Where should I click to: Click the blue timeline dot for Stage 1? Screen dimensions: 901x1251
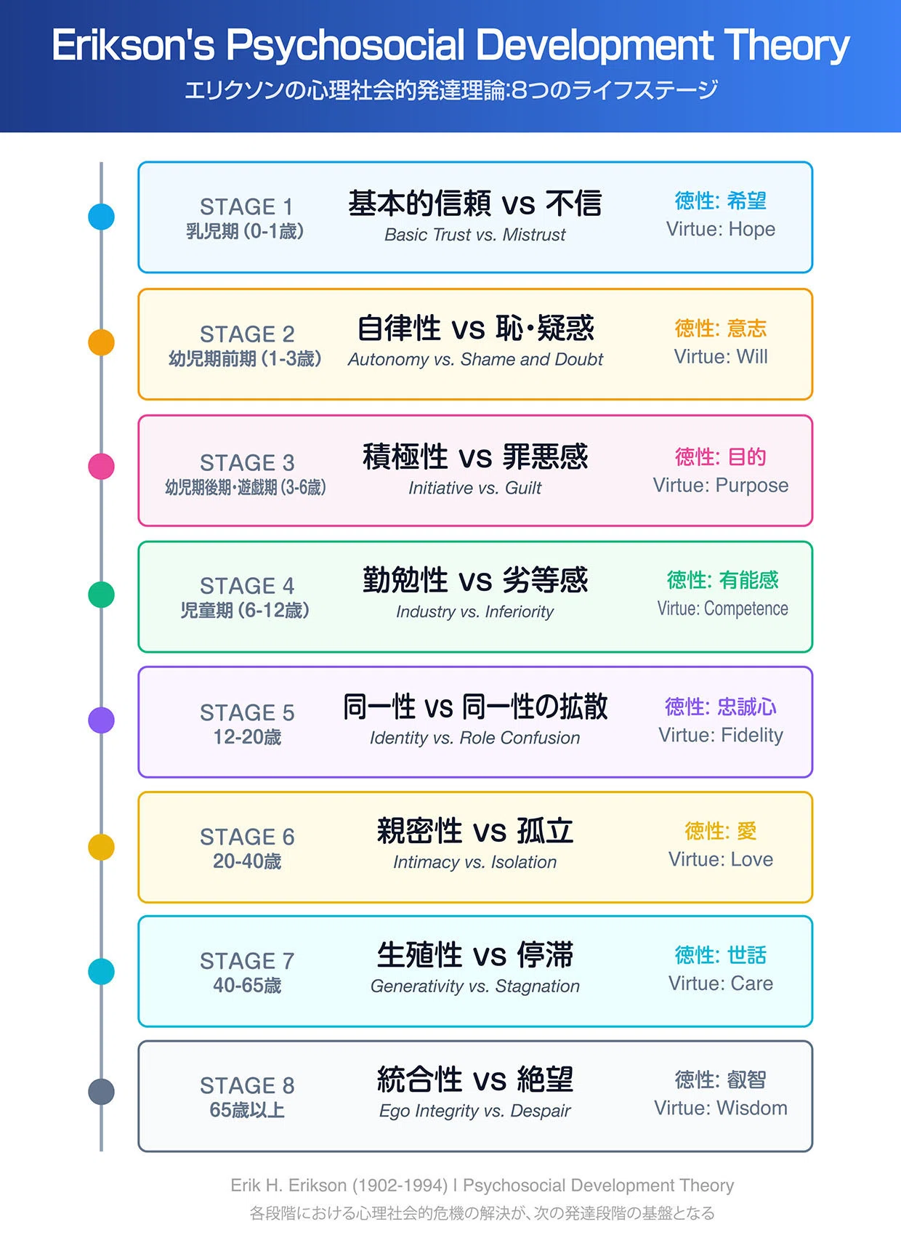tap(101, 217)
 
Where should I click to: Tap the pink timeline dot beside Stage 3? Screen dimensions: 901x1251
tap(101, 466)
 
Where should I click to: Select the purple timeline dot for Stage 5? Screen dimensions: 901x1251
tap(101, 720)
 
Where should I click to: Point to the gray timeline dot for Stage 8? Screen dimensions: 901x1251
tap(101, 1092)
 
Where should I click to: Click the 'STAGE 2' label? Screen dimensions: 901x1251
tap(247, 334)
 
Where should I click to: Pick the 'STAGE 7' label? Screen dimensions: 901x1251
tap(247, 961)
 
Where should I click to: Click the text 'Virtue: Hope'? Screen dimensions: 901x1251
tap(721, 229)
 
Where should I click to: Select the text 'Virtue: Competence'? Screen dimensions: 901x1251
tap(722, 608)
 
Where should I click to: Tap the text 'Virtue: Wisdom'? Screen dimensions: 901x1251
tap(721, 1108)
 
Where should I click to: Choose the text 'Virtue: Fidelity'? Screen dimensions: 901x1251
tap(721, 736)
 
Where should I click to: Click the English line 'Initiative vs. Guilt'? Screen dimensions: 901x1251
tap(474, 488)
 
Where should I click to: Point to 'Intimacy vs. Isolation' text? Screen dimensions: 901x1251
tap(474, 862)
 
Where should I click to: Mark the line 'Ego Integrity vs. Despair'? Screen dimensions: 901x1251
tap(474, 1111)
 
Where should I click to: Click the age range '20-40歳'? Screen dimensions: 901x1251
tap(247, 861)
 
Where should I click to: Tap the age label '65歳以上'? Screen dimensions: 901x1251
tap(247, 1110)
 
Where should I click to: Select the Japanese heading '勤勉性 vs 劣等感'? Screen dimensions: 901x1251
tap(475, 580)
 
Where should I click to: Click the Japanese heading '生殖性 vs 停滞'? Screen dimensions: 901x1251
tap(475, 955)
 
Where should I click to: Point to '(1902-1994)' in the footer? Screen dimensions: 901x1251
tap(400, 1186)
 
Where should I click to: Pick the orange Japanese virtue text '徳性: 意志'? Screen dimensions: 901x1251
tap(721, 329)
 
